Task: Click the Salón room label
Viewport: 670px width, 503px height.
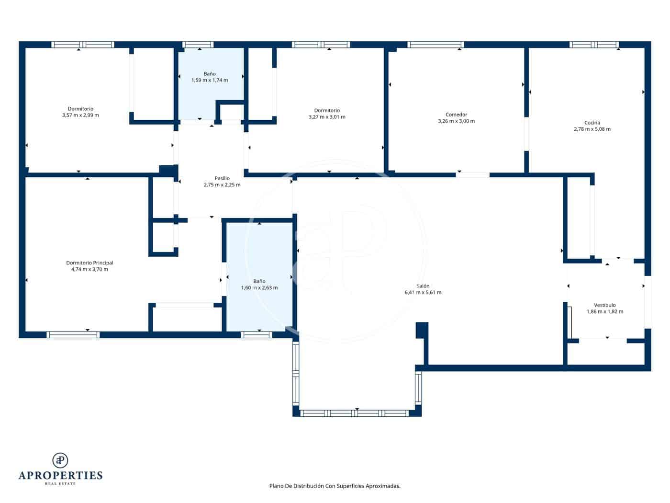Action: pos(423,286)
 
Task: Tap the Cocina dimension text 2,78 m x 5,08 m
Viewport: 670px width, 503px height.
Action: pos(592,129)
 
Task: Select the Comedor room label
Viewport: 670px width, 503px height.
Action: pos(456,114)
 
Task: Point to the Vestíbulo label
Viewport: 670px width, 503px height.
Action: pos(604,305)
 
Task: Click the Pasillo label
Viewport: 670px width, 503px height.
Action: pos(222,178)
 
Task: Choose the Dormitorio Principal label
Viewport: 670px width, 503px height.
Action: pos(89,263)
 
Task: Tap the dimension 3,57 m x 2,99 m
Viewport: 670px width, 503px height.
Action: pos(80,115)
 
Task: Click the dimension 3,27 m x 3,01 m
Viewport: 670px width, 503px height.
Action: pos(327,117)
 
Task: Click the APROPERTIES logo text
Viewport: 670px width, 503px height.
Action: pos(60,475)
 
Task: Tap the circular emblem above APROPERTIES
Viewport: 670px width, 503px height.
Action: pos(60,460)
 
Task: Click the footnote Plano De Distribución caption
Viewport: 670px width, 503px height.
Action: pos(335,486)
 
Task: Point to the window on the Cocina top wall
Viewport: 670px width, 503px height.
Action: pos(594,45)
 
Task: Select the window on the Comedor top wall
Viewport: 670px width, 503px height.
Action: pos(435,45)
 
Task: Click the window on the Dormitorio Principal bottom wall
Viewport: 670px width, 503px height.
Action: pos(73,334)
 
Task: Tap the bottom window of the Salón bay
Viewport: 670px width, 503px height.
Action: pos(354,413)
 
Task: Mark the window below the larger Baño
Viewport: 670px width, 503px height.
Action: pos(257,334)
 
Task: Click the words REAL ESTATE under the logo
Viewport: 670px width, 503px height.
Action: pos(60,484)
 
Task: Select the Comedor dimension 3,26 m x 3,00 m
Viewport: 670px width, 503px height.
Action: pos(456,121)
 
